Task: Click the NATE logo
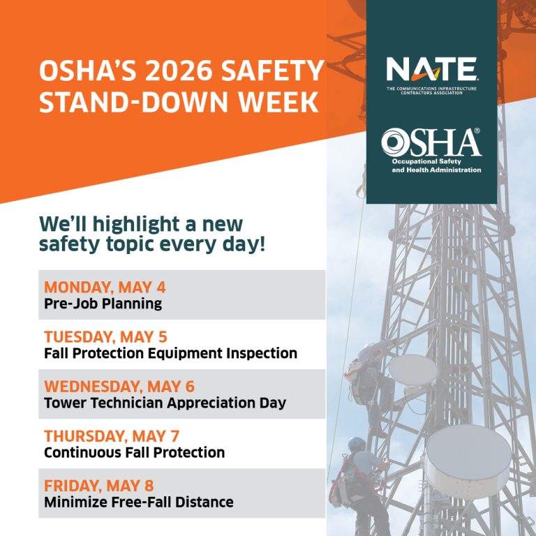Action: tap(432, 75)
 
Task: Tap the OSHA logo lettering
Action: tap(431, 142)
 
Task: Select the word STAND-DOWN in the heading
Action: tap(134, 102)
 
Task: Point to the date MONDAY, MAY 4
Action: tap(105, 287)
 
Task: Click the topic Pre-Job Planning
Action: tap(103, 304)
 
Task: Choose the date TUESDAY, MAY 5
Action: tap(105, 336)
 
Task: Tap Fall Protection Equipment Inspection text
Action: tap(170, 353)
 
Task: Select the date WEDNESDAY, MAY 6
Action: tap(119, 386)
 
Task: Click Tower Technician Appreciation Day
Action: tap(165, 403)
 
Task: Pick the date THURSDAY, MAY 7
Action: tap(112, 435)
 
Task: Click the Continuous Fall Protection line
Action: tap(134, 452)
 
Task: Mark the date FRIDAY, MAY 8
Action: tap(99, 486)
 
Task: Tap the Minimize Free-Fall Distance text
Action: tap(139, 502)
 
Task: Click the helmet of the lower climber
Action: tap(357, 443)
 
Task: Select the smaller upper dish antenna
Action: tap(413, 370)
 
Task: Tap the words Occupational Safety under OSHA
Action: tap(426, 161)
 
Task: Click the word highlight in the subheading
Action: tap(135, 225)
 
